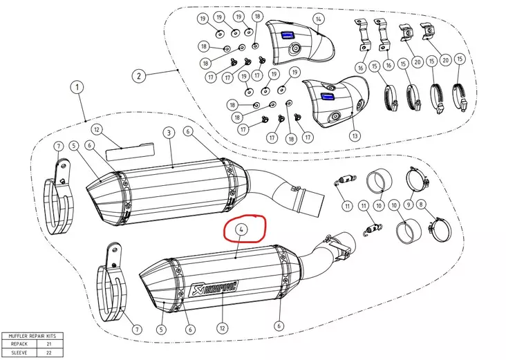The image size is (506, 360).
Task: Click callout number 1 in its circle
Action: (76, 88)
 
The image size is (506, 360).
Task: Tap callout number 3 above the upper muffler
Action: (168, 132)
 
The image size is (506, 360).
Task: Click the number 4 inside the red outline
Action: (241, 229)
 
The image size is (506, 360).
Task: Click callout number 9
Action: (408, 205)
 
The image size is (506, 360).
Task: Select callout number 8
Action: (423, 205)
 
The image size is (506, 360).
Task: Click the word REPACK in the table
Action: (19, 343)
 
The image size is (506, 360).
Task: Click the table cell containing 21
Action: (50, 343)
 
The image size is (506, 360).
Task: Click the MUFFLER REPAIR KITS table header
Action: (32, 335)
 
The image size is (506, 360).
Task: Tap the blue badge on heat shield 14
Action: (287, 35)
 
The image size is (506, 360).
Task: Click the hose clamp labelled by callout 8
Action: (439, 225)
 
